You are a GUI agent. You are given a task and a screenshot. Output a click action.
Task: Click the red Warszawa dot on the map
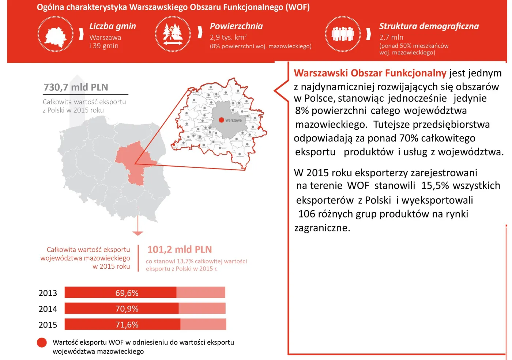pyautogui.click(x=221, y=120)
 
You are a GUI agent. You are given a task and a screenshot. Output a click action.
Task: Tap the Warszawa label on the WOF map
pyautogui.click(x=233, y=120)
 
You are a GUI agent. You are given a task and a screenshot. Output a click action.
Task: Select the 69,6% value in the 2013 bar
pyautogui.click(x=127, y=293)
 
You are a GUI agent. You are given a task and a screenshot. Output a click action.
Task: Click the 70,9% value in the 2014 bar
pyautogui.click(x=127, y=309)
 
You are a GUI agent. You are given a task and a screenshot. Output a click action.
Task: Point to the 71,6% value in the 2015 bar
pyautogui.click(x=127, y=325)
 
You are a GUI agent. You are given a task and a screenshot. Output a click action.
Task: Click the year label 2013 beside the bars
pyautogui.click(x=48, y=293)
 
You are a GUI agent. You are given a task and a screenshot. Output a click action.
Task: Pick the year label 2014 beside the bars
pyautogui.click(x=48, y=309)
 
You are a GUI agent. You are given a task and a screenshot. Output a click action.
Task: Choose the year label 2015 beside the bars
pyautogui.click(x=48, y=325)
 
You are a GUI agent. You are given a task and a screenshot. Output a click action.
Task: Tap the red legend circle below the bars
pyautogui.click(x=42, y=342)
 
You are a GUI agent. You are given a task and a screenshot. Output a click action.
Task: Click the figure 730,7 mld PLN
pyautogui.click(x=76, y=87)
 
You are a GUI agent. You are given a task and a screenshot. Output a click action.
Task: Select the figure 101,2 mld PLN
pyautogui.click(x=180, y=250)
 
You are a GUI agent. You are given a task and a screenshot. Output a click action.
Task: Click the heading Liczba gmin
pyautogui.click(x=113, y=26)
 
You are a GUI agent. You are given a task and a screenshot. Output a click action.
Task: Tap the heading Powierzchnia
pyautogui.click(x=236, y=26)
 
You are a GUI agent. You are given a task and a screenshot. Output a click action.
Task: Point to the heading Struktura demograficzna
pyautogui.click(x=429, y=26)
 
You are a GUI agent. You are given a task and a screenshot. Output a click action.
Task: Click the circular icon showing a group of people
pyautogui.click(x=343, y=34)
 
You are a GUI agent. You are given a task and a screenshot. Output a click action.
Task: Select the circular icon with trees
pyautogui.click(x=173, y=34)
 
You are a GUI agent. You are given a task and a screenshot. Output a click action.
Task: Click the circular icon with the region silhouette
pyautogui.click(x=56, y=34)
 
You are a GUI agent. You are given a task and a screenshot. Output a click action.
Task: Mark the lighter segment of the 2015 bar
pyautogui.click(x=203, y=325)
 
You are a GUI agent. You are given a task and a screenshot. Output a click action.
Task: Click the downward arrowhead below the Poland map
pyautogui.click(x=138, y=233)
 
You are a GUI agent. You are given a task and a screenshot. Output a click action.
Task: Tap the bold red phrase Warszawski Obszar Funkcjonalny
pyautogui.click(x=370, y=73)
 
